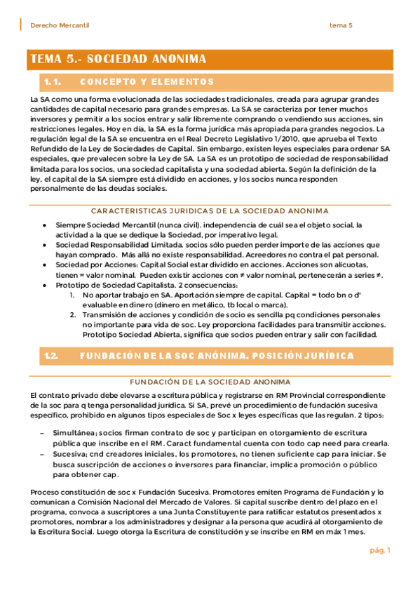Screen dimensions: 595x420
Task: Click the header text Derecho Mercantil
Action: click(60, 25)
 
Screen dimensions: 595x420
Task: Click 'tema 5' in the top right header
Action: click(341, 25)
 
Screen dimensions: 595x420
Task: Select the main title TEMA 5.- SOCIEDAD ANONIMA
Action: click(118, 60)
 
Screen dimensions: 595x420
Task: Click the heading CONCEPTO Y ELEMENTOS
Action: click(147, 82)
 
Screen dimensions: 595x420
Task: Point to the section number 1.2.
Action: click(51, 356)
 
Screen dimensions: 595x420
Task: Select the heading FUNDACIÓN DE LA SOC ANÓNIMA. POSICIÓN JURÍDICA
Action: click(217, 356)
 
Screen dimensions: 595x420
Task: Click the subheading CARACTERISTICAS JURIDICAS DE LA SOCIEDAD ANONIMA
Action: click(209, 210)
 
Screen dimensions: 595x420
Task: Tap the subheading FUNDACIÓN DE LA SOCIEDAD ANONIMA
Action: click(209, 382)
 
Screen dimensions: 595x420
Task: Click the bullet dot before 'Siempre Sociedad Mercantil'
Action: click(43, 225)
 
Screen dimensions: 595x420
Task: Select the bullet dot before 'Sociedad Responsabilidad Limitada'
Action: click(43, 245)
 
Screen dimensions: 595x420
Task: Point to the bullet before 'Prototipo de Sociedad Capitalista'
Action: click(43, 286)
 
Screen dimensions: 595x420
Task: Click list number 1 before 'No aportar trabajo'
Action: click(72, 295)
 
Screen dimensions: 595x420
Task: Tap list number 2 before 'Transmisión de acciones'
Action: click(72, 315)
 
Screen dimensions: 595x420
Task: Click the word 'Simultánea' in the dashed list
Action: click(75, 433)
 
